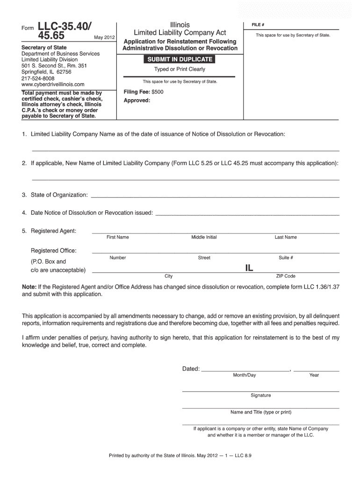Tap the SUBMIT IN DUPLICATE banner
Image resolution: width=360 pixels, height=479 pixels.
[180, 59]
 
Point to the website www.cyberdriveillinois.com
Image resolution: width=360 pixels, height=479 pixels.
[53, 85]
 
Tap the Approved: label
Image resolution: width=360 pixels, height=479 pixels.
[137, 101]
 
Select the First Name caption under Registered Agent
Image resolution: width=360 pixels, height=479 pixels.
[117, 237]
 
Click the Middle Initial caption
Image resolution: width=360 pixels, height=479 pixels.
[204, 237]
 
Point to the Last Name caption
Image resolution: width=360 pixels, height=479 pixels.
[286, 237]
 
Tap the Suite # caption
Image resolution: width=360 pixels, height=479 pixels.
[286, 258]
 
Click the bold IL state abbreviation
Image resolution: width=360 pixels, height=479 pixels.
[249, 268]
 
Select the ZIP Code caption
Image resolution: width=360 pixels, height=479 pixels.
[286, 276]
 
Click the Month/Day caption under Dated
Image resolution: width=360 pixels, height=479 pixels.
[245, 375]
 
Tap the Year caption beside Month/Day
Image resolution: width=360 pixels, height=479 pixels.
[314, 375]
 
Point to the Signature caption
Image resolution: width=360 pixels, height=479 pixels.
[260, 395]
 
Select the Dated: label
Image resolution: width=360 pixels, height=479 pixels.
[191, 369]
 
